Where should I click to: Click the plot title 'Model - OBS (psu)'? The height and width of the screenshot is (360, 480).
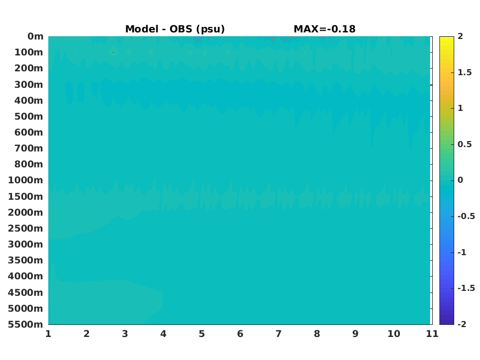pos(175,29)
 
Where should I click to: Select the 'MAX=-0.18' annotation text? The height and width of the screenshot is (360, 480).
pos(325,29)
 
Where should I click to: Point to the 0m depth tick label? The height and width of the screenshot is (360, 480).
pos(36,36)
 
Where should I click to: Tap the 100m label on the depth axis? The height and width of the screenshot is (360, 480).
pos(29,52)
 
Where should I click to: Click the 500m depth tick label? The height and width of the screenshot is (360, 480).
pos(29,117)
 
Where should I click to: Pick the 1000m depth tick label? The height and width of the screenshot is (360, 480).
pos(26,180)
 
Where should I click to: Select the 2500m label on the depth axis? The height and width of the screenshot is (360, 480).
pos(26,228)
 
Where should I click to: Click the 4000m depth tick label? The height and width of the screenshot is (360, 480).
pos(26,276)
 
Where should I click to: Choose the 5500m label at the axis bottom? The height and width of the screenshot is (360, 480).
pos(26,324)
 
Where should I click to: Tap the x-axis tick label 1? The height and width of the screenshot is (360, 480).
pos(48,334)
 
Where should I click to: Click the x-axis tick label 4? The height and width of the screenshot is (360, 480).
pos(163,334)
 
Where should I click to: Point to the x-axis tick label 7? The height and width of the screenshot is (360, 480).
pos(278,334)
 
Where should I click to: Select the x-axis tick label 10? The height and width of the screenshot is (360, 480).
pos(394,334)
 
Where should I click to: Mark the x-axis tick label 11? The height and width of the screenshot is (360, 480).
pos(432,334)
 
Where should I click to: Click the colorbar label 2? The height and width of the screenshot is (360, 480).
pos(460,36)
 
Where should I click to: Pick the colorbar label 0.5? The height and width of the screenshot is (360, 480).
pos(465,144)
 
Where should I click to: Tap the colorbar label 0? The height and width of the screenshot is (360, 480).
pos(460,180)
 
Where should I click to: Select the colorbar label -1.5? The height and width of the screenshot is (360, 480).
pos(466,288)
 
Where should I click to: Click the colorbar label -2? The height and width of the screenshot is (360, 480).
pos(462,324)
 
